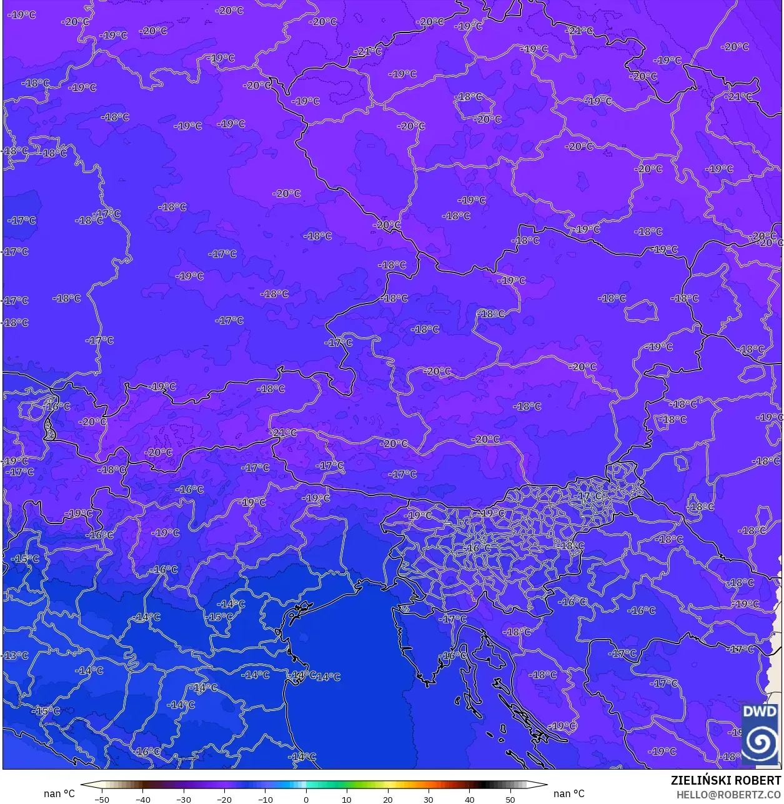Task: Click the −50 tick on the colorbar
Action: pyautogui.click(x=102, y=799)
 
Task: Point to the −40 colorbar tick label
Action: pyautogui.click(x=143, y=799)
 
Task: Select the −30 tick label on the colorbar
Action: pyautogui.click(x=184, y=799)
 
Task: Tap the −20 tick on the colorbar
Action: pyautogui.click(x=224, y=799)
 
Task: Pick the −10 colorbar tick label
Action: pyautogui.click(x=265, y=799)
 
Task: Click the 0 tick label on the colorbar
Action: pyautogui.click(x=306, y=799)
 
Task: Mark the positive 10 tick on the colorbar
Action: pyautogui.click(x=347, y=799)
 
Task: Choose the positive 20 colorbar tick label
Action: pyautogui.click(x=388, y=799)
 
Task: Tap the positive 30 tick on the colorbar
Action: pyautogui.click(x=429, y=799)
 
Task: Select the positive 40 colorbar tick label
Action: pyautogui.click(x=469, y=799)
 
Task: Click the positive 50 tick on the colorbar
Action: pyautogui.click(x=510, y=799)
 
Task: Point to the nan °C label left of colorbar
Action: pyautogui.click(x=59, y=793)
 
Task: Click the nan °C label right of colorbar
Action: pyautogui.click(x=569, y=793)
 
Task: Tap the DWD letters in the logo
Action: pyautogui.click(x=760, y=712)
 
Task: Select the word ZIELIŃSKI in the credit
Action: pyautogui.click(x=700, y=780)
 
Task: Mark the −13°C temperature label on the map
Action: pyautogui.click(x=16, y=655)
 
